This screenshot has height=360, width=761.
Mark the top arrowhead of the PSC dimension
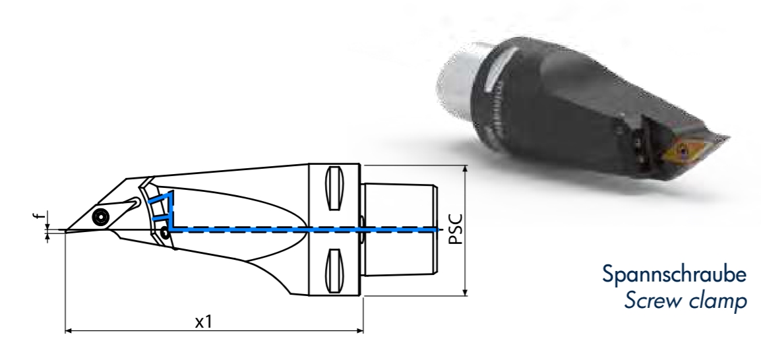466,169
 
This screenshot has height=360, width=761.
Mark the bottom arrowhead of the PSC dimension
466,292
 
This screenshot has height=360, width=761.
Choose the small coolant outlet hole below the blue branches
164,231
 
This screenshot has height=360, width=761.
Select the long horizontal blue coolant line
303,229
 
